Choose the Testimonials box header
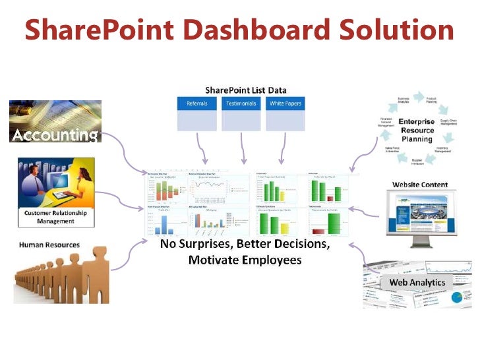click(x=241, y=104)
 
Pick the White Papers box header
click(x=285, y=104)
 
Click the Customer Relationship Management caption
click(x=55, y=218)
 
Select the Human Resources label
click(x=49, y=245)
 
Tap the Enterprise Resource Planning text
click(x=416, y=131)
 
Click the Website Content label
click(x=420, y=185)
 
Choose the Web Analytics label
click(x=417, y=282)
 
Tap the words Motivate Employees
click(x=245, y=260)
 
